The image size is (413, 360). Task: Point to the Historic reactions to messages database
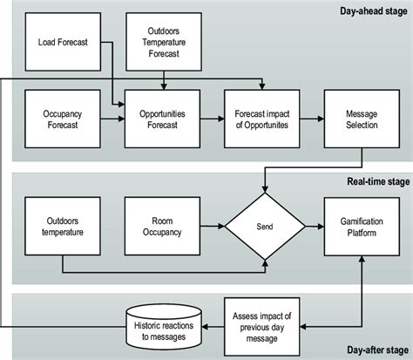click(163, 326)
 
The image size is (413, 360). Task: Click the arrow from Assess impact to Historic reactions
click(213, 326)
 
